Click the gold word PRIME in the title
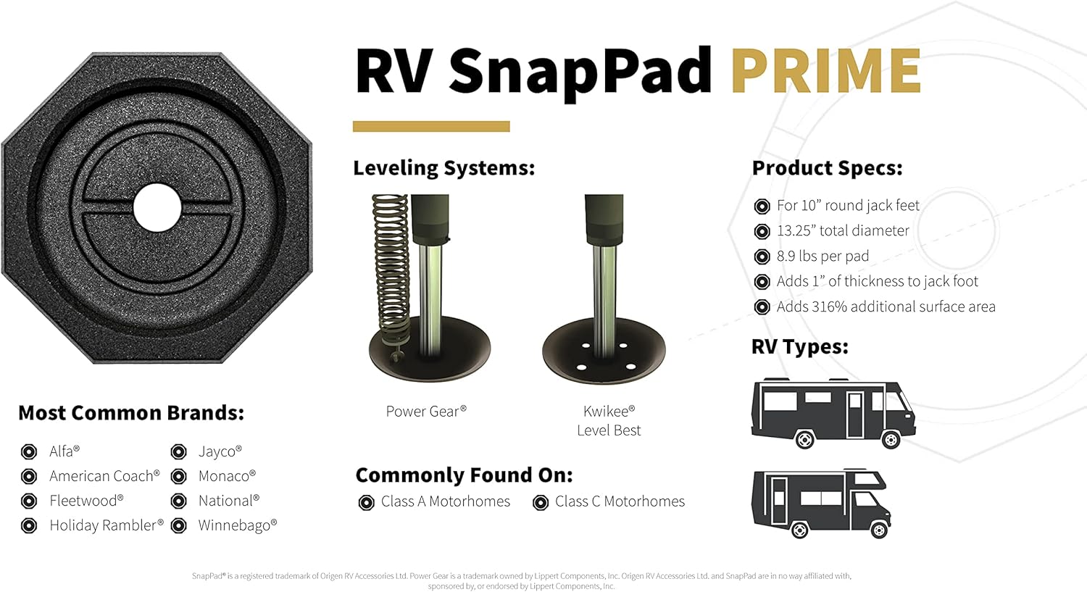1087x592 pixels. [x=825, y=70]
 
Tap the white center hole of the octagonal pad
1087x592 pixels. [x=157, y=208]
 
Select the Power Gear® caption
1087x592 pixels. [x=426, y=412]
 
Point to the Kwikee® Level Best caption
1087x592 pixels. [x=609, y=420]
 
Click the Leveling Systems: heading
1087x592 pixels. [x=443, y=168]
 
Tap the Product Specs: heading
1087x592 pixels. [x=827, y=168]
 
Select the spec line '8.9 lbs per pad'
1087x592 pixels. [x=822, y=256]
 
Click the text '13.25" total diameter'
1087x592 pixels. [x=842, y=230]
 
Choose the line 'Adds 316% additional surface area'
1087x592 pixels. [x=886, y=307]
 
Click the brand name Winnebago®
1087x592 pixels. [x=237, y=525]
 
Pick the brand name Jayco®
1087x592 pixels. [x=220, y=451]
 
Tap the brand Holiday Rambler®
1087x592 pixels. [x=106, y=525]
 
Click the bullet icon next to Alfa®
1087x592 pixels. [x=29, y=452]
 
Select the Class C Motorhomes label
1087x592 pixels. [x=620, y=501]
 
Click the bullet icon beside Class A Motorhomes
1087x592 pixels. [x=367, y=502]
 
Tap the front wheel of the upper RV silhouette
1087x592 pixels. [x=891, y=439]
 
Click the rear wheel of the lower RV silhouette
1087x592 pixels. [x=799, y=530]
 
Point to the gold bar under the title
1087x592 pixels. [x=431, y=127]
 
